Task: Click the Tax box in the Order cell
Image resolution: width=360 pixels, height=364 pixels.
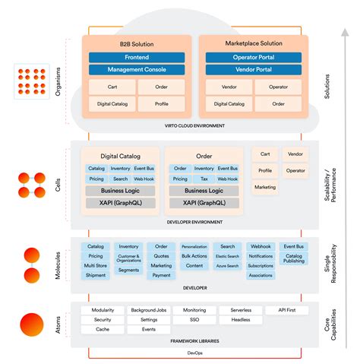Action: click(x=203, y=179)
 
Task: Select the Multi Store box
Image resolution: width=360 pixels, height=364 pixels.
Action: click(x=96, y=266)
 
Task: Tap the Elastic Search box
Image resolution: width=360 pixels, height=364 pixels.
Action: click(x=228, y=256)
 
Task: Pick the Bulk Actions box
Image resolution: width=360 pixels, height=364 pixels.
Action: click(x=194, y=256)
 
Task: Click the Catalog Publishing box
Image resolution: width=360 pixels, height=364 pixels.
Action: click(x=294, y=259)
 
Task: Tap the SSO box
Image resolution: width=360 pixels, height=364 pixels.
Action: click(x=194, y=320)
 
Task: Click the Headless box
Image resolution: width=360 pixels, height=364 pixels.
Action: click(x=241, y=320)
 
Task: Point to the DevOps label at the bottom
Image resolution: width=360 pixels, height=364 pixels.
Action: click(x=194, y=352)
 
